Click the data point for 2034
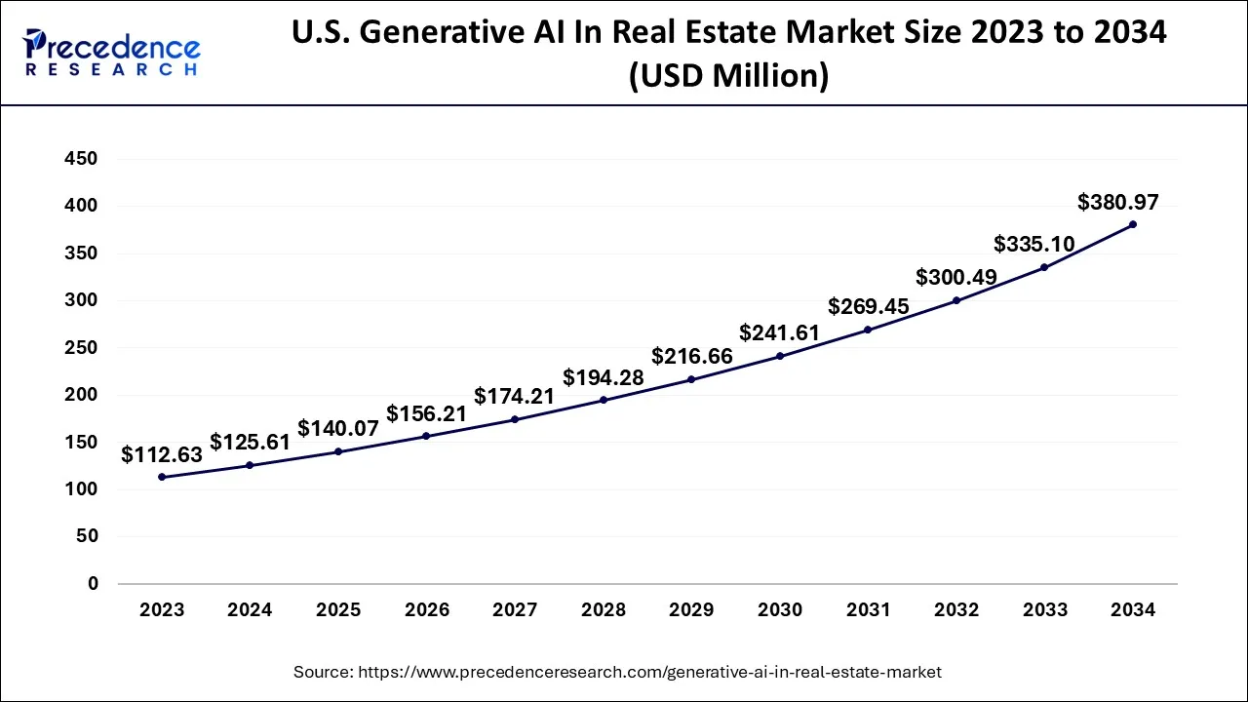point(1132,224)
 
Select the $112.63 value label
point(163,454)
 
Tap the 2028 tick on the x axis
point(604,610)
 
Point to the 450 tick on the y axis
point(79,159)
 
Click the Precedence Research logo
point(112,53)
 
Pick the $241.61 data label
point(779,332)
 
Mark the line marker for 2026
point(426,436)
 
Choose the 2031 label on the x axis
point(868,610)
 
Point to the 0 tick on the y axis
point(93,584)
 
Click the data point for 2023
point(162,477)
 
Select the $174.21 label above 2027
point(515,396)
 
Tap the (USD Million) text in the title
point(728,75)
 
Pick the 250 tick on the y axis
point(79,348)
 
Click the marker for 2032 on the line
point(955,300)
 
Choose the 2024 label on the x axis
point(250,610)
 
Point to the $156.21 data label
point(426,413)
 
